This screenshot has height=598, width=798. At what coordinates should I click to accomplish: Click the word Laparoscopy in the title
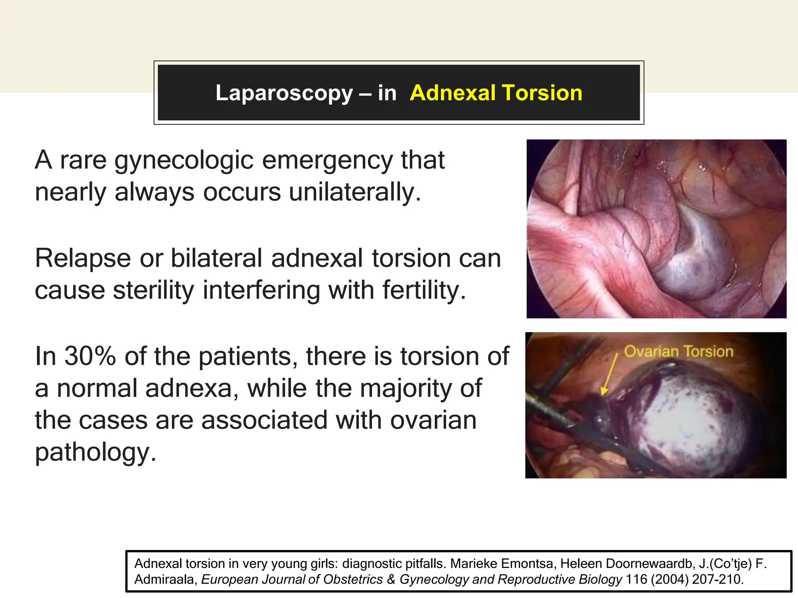pos(284,93)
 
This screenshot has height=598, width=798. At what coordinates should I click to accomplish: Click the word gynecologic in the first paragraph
pos(184,161)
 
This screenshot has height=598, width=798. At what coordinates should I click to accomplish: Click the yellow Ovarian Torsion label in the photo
pos(678,352)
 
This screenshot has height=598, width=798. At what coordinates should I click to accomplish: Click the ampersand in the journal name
pos(391,579)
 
